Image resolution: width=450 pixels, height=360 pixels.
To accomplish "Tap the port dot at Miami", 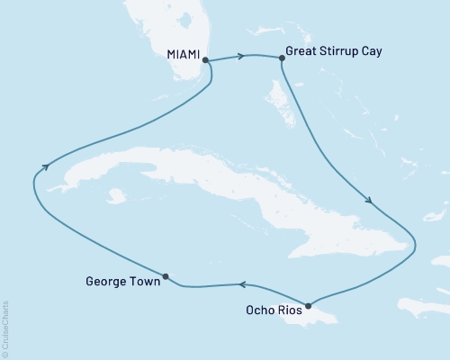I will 206,60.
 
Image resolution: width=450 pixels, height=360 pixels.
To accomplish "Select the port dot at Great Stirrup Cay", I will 282,58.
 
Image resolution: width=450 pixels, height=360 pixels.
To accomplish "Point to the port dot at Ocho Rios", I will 308,305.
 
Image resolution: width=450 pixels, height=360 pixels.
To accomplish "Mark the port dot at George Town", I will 165,276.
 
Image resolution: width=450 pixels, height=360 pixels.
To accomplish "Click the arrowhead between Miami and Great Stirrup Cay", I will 240,57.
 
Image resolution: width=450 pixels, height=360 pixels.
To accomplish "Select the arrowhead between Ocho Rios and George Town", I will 241,285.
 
